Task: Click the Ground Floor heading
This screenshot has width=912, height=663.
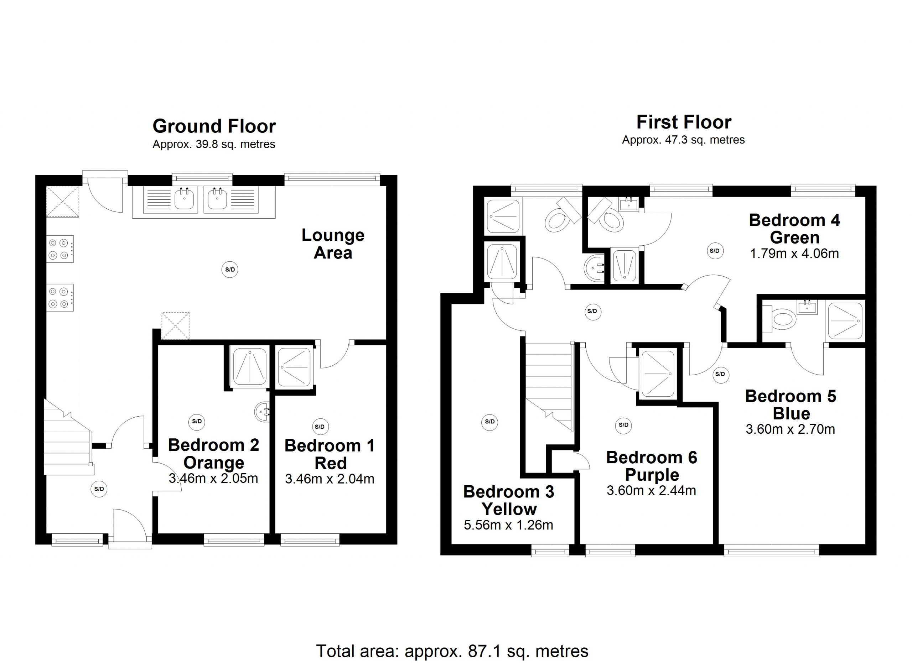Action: tap(214, 126)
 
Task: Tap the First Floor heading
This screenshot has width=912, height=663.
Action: tap(684, 122)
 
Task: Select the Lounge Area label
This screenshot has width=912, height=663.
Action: tap(333, 244)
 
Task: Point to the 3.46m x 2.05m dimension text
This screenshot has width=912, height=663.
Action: tap(213, 479)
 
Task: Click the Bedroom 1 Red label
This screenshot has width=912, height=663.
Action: tap(330, 454)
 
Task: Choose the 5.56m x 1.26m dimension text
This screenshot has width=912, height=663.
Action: tap(509, 525)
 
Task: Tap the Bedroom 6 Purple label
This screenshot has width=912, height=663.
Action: tap(652, 466)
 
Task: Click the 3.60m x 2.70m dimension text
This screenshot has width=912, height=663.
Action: tap(791, 429)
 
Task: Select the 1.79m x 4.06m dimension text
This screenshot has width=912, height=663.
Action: tap(794, 254)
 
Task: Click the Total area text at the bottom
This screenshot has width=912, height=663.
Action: tap(452, 651)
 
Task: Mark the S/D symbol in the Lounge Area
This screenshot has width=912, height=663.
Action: tap(230, 269)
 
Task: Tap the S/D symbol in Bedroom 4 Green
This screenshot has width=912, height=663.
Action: tap(715, 251)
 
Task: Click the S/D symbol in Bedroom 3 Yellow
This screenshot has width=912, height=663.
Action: tap(489, 422)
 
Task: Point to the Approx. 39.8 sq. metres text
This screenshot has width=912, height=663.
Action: tap(214, 144)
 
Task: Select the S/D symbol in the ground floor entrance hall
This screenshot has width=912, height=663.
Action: tap(99, 489)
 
